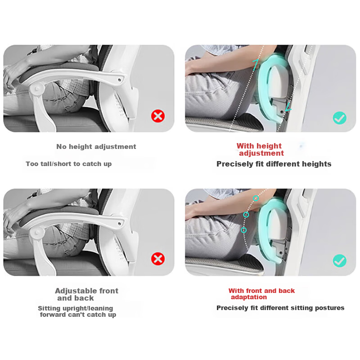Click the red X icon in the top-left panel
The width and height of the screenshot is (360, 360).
[x=158, y=116]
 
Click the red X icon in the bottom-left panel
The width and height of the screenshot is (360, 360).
[x=158, y=259]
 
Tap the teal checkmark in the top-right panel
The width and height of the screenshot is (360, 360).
[x=340, y=118]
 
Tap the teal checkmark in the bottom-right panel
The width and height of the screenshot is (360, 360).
[x=340, y=261]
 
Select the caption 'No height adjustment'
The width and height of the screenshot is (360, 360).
[x=96, y=147]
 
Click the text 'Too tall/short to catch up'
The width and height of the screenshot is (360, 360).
[x=69, y=164]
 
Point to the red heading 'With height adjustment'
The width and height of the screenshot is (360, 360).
[x=260, y=149]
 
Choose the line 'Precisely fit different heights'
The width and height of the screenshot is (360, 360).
[x=274, y=164]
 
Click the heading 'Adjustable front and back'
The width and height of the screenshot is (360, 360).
[x=86, y=294]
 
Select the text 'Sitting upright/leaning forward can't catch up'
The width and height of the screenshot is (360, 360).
[x=77, y=311]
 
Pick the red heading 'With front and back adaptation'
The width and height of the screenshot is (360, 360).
[x=261, y=294]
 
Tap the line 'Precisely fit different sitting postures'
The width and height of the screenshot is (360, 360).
[x=280, y=308]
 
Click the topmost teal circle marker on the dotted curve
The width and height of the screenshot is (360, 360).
[x=256, y=198]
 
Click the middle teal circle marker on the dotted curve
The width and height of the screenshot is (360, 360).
[x=246, y=215]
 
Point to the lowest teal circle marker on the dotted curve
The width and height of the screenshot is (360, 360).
[x=244, y=230]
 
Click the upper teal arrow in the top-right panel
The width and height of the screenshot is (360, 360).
[x=256, y=64]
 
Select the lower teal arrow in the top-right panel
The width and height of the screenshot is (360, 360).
[x=288, y=107]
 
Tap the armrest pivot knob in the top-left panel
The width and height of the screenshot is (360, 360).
[x=37, y=89]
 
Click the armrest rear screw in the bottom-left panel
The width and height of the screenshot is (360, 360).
[x=119, y=223]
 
